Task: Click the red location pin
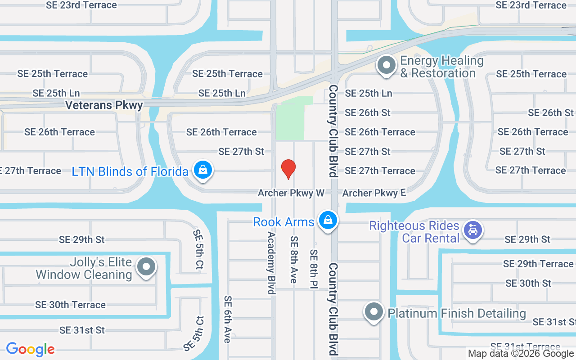click(288, 169)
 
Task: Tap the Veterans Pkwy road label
click(104, 105)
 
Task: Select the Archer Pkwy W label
click(291, 193)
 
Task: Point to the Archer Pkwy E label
click(374, 193)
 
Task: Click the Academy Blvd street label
click(271, 263)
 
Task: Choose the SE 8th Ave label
click(294, 260)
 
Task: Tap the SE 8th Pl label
click(314, 269)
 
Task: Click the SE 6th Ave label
click(228, 319)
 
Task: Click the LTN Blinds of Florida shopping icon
click(203, 170)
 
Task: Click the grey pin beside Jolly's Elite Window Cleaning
click(146, 267)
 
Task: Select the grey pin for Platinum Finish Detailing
click(373, 311)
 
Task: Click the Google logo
click(30, 349)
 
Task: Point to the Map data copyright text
click(521, 354)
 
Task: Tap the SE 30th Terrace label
click(70, 305)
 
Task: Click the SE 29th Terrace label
click(538, 264)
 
